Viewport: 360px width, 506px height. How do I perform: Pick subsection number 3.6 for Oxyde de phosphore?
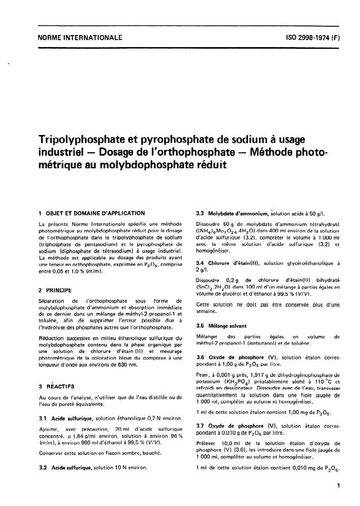(x=200, y=358)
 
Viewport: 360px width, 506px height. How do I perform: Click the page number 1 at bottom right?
(x=340, y=486)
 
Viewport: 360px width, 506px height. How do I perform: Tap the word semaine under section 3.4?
(x=206, y=311)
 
